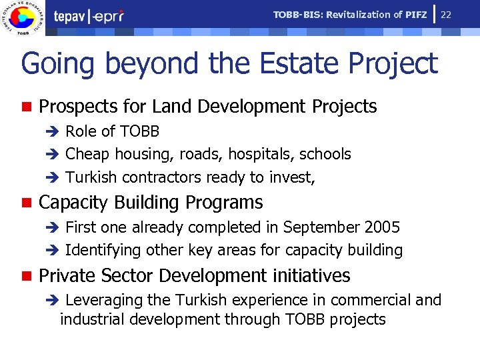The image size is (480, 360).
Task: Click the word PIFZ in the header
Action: pos(415,15)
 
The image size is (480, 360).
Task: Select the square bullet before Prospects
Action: pos(26,107)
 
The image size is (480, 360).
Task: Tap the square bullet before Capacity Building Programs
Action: pos(26,203)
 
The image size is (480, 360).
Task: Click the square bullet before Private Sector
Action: pos(26,276)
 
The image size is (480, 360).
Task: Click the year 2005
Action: pos(382,227)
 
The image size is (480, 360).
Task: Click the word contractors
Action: pos(163,177)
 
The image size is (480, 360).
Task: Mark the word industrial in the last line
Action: pos(91,319)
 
